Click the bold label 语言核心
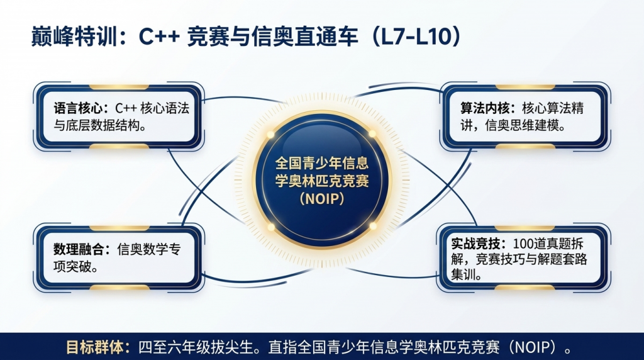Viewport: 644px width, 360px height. (x=77, y=108)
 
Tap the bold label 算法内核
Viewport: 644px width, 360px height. (x=485, y=108)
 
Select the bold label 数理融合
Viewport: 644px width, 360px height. (x=77, y=249)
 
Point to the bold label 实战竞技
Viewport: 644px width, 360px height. (x=475, y=244)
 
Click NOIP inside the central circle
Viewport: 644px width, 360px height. (x=322, y=199)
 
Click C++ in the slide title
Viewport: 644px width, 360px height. (x=159, y=36)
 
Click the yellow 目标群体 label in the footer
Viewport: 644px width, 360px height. (x=95, y=347)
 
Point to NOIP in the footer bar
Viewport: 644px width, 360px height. (x=535, y=347)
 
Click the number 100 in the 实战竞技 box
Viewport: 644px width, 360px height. (x=523, y=244)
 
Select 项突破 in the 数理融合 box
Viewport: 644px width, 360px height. (x=72, y=267)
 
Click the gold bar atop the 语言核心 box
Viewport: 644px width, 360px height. (x=119, y=87)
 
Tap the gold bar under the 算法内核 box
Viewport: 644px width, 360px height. (x=525, y=146)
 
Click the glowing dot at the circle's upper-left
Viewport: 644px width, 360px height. (x=270, y=135)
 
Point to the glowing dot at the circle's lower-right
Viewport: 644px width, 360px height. (x=373, y=226)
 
